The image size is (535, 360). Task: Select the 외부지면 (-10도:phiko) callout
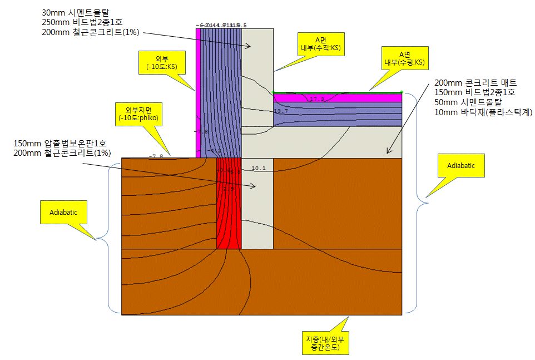pos(134,114)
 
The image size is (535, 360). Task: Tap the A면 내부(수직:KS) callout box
pos(320,44)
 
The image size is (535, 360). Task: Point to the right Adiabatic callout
pos(461,165)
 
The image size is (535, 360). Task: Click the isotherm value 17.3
pos(316,99)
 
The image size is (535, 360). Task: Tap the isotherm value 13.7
pos(281,111)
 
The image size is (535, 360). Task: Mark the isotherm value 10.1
pos(259,168)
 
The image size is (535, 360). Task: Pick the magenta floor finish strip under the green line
pos(337,98)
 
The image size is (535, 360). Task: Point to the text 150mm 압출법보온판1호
pos(62,143)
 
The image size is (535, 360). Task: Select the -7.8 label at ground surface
pos(156,156)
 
